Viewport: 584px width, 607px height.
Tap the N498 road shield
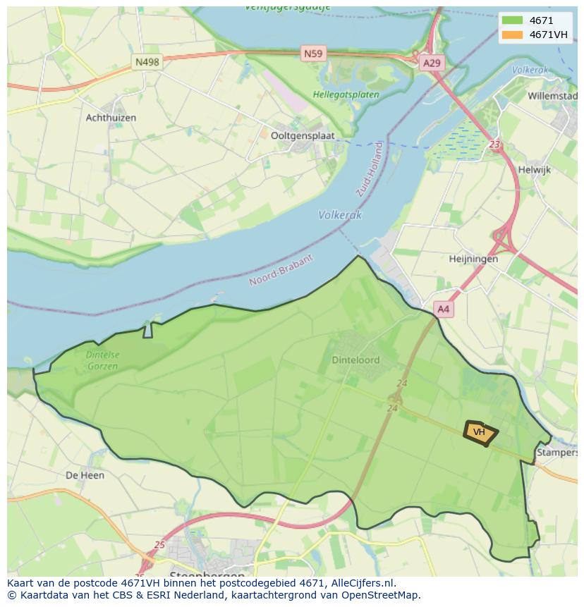[x=147, y=62]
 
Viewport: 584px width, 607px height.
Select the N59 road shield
[x=312, y=53]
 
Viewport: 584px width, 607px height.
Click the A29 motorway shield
[x=432, y=63]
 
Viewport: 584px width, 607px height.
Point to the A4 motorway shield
[x=444, y=309]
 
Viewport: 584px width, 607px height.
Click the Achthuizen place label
[x=111, y=118]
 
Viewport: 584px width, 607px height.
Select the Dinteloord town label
[x=355, y=360]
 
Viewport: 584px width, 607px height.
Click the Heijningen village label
[x=473, y=259]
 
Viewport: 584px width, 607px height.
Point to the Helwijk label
[x=534, y=170]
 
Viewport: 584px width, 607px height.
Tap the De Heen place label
[x=85, y=475]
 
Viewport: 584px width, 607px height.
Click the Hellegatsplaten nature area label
[x=346, y=94]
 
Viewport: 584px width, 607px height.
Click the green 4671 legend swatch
[x=512, y=20]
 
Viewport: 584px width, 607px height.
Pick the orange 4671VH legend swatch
[x=512, y=35]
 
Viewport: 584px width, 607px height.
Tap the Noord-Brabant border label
[x=281, y=271]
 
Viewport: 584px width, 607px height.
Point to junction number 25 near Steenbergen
[x=159, y=545]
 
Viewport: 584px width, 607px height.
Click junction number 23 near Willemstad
[x=495, y=145]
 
